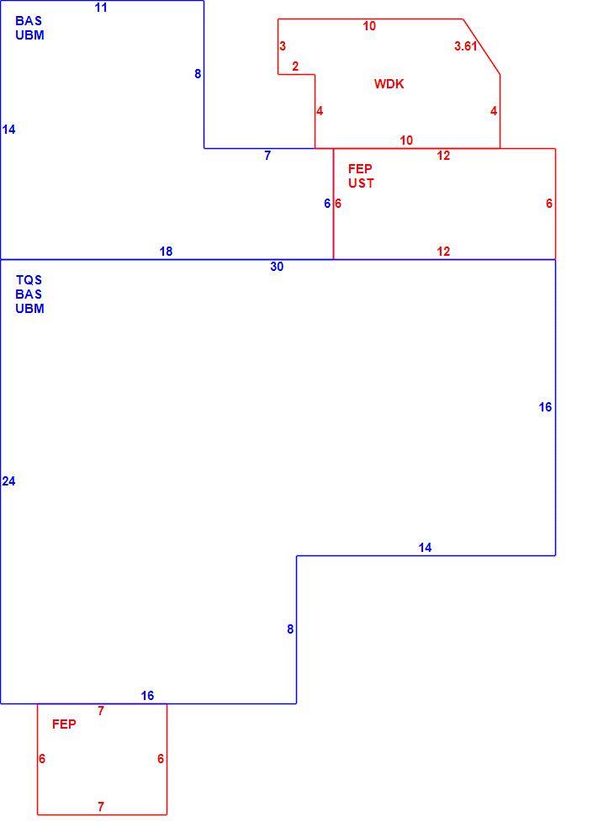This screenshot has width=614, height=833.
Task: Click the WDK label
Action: [x=389, y=84]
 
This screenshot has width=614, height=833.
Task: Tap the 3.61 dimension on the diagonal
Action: [x=465, y=46]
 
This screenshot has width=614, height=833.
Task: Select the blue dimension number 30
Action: [x=277, y=267]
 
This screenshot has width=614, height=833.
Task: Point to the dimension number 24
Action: [x=8, y=481]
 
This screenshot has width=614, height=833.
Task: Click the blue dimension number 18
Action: [x=166, y=252]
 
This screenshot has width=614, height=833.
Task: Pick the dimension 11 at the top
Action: [x=101, y=8]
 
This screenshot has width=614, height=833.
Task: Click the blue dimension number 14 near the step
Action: [x=425, y=548]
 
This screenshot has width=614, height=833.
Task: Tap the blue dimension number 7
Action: [x=267, y=156]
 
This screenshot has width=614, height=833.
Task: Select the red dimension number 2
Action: [x=295, y=66]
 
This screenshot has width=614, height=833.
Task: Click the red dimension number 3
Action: [x=283, y=46]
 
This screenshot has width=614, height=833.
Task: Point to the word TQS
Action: [x=29, y=280]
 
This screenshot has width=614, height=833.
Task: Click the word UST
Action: [x=361, y=183]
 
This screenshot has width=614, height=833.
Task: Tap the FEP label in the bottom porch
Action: [x=64, y=724]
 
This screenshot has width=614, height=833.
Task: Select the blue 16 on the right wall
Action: [x=546, y=407]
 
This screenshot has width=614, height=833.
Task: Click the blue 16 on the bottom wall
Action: [x=147, y=696]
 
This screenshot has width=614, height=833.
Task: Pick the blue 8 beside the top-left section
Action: [x=198, y=74]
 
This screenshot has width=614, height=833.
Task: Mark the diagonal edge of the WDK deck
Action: [x=481, y=47]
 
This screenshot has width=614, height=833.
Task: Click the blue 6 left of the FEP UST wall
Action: [x=327, y=204]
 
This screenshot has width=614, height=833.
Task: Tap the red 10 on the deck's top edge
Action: [x=369, y=26]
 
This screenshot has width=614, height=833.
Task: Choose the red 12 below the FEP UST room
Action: [x=443, y=252]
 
